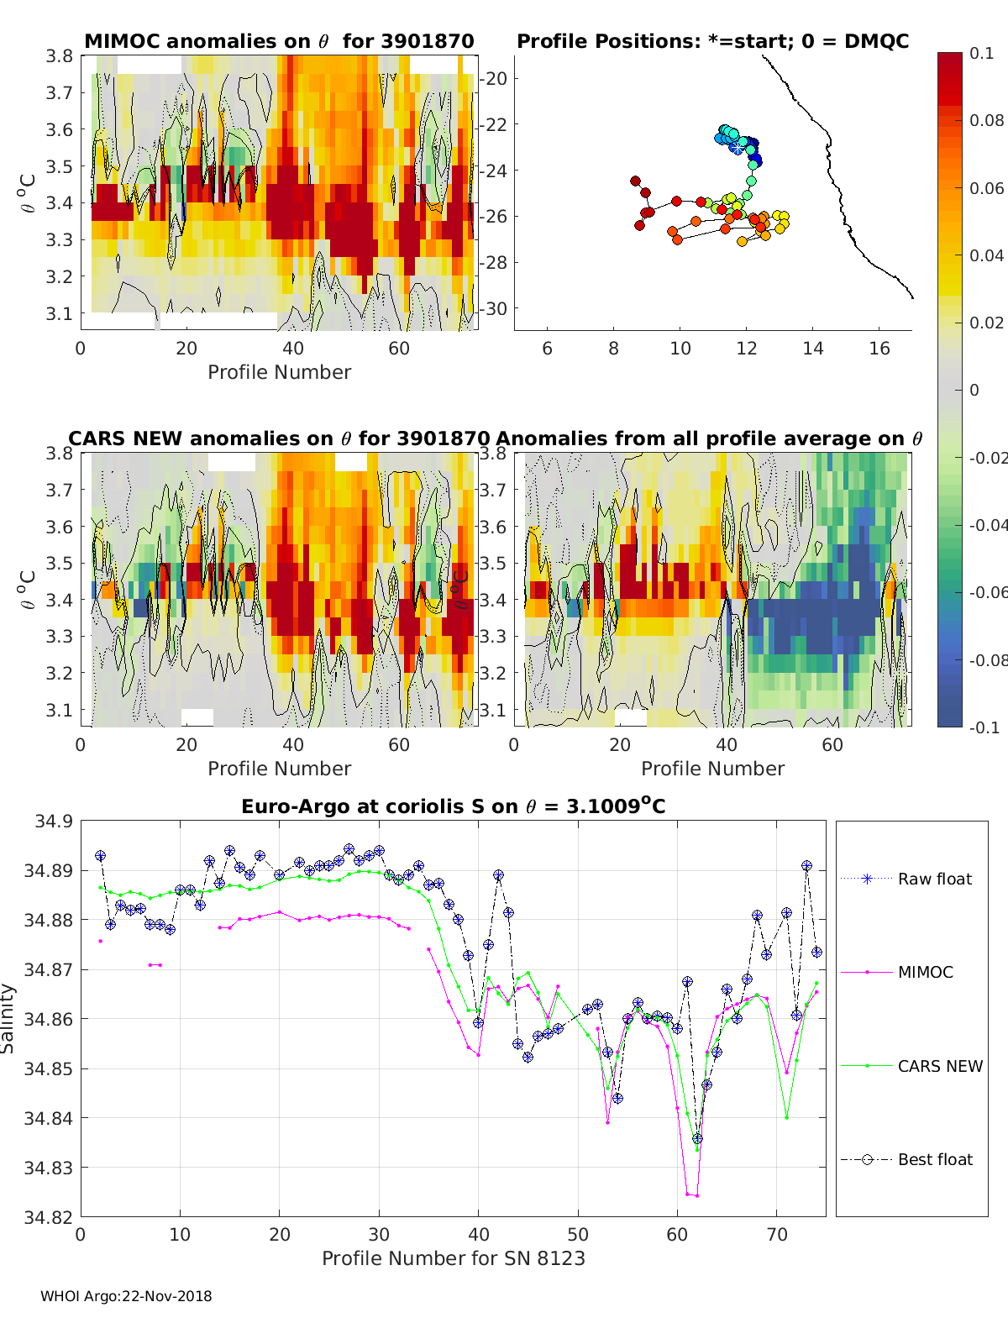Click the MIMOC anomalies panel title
pyautogui.click(x=279, y=41)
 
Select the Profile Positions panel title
pyautogui.click(x=712, y=41)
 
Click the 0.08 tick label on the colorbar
pyautogui.click(x=986, y=120)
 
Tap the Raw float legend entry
pyautogui.click(x=934, y=879)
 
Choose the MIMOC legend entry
pyautogui.click(x=925, y=972)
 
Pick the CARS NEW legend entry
pyautogui.click(x=940, y=1066)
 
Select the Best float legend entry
pyautogui.click(x=934, y=1159)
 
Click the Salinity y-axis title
pyautogui.click(x=8, y=1018)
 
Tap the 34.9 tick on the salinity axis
pyautogui.click(x=54, y=821)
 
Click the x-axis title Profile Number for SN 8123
pyautogui.click(x=453, y=1258)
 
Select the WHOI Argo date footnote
pyautogui.click(x=126, y=1296)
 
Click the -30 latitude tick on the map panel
pyautogui.click(x=493, y=308)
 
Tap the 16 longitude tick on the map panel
pyautogui.click(x=879, y=349)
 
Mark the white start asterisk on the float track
pyautogui.click(x=737, y=147)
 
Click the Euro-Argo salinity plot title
pyautogui.click(x=453, y=806)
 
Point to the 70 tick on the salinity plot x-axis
pyautogui.click(x=777, y=1234)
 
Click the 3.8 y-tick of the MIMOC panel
pyautogui.click(x=60, y=56)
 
